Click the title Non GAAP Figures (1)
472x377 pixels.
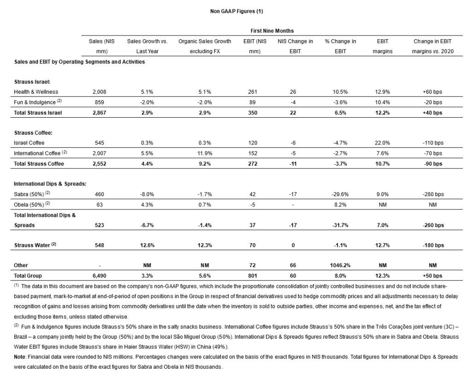point(236,10)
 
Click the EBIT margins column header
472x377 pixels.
point(382,46)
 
